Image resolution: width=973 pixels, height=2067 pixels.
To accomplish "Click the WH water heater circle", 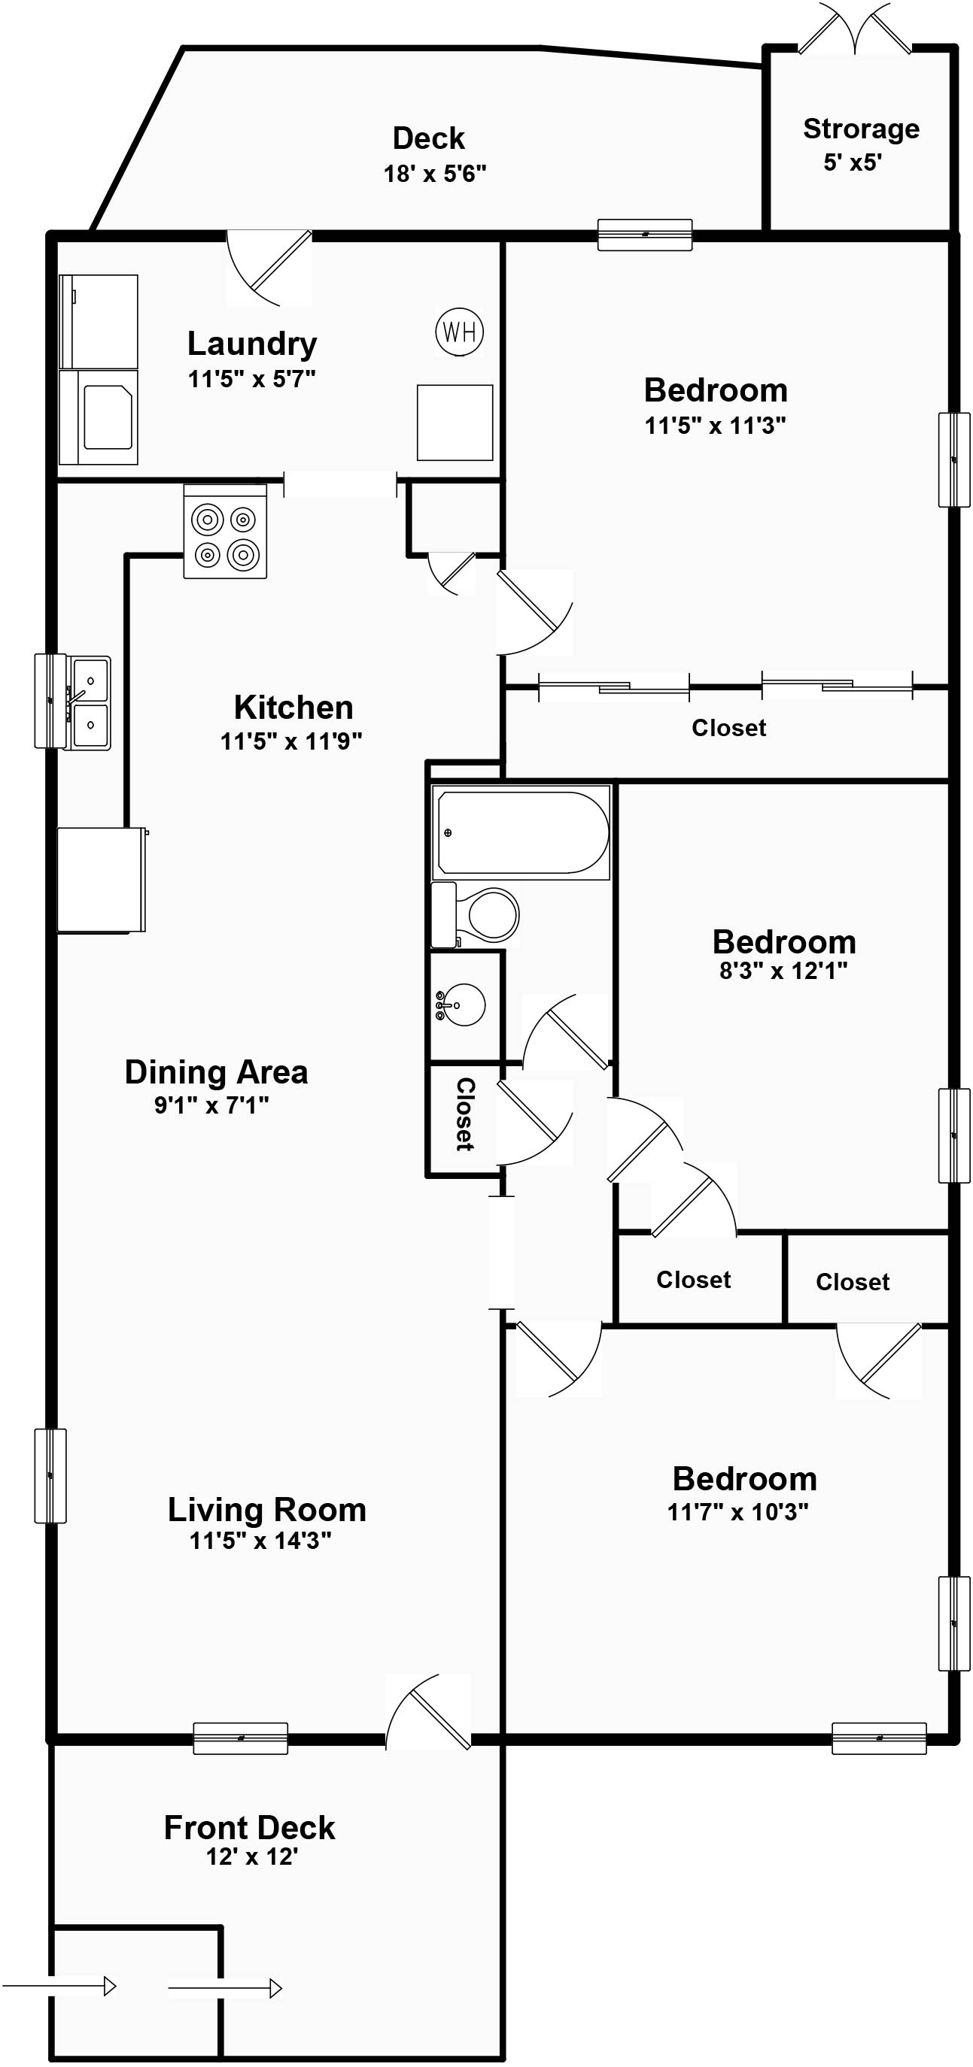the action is pos(459,332).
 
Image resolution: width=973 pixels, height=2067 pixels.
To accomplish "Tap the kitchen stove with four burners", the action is pos(225,531).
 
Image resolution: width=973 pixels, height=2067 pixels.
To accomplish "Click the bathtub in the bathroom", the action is pos(521,832).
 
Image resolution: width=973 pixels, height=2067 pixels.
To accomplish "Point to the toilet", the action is pos(476,915).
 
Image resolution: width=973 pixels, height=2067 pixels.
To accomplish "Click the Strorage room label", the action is pos(862,129).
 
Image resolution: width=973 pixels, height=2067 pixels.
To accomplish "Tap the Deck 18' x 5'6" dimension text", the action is pos(435,174).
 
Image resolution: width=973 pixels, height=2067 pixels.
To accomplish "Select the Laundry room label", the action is pos(252,344).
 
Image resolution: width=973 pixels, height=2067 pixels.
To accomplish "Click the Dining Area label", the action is pos(216,1072).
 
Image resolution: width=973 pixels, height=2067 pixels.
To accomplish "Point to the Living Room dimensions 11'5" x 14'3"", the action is pos(260,1541).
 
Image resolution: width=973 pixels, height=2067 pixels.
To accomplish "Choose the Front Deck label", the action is pos(250,1828).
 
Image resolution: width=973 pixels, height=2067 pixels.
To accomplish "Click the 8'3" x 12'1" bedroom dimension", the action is pos(783,971).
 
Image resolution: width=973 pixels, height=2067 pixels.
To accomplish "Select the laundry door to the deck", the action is pos(269,268).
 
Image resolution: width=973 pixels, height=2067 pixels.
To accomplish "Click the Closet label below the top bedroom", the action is pos(729,728).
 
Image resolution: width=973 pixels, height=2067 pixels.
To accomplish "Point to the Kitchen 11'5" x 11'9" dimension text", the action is pos(291,741).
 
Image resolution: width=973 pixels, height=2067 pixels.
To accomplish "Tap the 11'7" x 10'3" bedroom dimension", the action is pos(737,1512).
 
